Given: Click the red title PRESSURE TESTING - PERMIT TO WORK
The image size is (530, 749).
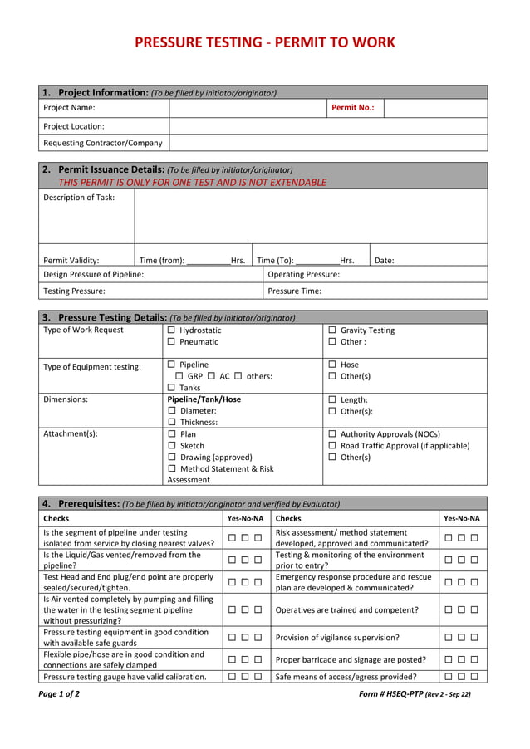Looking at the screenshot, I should (264, 43).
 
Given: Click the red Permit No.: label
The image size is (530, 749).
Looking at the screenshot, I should (352, 108).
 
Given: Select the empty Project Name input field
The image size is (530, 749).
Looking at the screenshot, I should (247, 108).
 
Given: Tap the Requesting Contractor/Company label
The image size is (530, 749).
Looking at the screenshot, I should (102, 143).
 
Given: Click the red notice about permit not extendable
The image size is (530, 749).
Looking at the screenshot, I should (192, 183).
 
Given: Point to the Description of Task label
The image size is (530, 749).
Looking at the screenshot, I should (79, 198).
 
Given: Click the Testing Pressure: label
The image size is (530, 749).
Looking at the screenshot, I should (74, 291).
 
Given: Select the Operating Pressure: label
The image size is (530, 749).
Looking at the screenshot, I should (303, 274).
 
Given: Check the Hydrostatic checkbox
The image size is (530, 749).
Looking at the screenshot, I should (171, 330).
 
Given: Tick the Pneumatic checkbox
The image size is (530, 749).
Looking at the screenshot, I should (171, 342).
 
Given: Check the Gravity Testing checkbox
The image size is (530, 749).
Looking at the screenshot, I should (332, 330).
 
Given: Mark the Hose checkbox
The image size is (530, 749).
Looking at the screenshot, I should (332, 365).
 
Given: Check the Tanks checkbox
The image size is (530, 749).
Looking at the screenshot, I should (171, 388).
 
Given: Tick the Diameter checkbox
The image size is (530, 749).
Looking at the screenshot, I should (171, 411).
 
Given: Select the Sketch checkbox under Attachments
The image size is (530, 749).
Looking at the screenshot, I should (171, 446).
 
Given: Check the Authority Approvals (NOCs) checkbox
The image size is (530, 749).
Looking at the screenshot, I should (332, 434).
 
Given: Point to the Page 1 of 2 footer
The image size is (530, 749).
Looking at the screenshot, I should (59, 694).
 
